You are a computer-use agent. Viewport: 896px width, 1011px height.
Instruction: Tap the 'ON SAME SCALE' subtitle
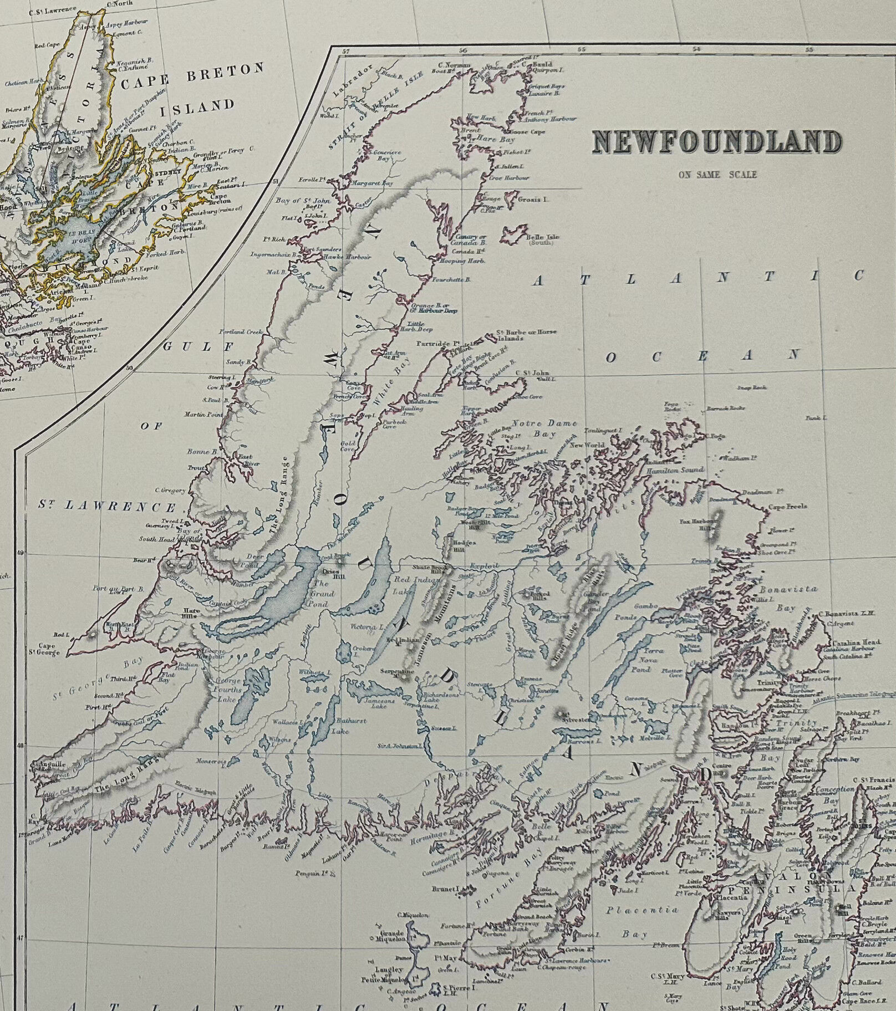[x=716, y=175]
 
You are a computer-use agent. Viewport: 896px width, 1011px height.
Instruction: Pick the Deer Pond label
[x=248, y=561]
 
